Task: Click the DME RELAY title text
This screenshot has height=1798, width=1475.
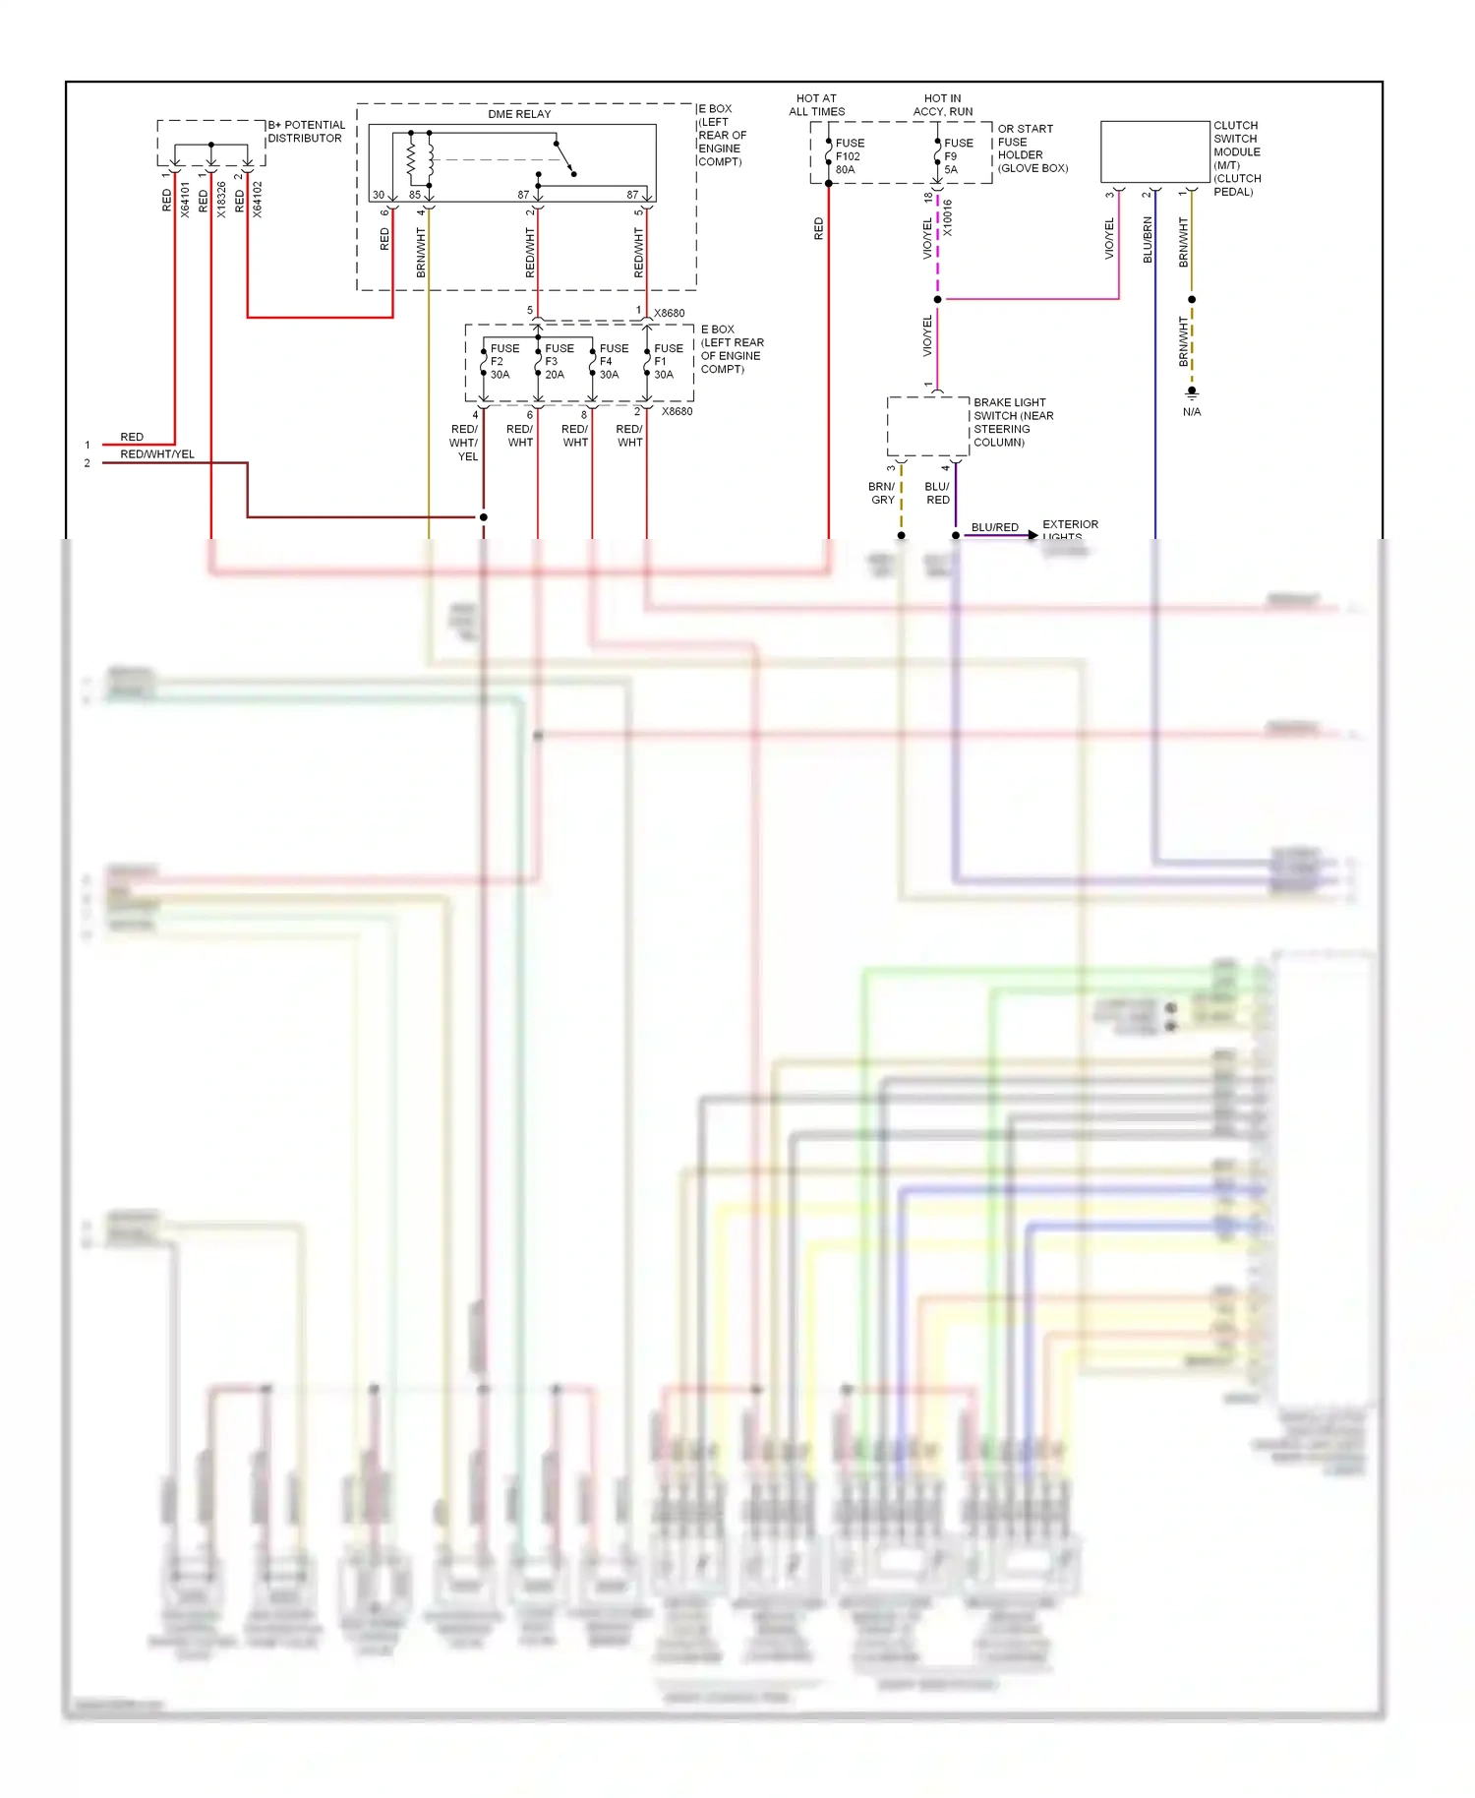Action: (519, 114)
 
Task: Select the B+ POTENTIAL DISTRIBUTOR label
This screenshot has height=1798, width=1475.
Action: (306, 132)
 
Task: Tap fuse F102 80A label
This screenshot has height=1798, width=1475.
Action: (849, 156)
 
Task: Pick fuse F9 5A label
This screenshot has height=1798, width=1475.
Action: (958, 156)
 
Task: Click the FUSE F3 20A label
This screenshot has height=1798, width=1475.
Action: (559, 361)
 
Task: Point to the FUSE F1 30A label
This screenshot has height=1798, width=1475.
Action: (668, 361)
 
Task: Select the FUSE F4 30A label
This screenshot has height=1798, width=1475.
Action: (613, 361)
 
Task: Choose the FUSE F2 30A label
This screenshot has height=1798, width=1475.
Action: (503, 361)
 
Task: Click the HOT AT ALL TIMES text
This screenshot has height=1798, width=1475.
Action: (816, 105)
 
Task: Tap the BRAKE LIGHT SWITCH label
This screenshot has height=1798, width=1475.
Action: (1013, 422)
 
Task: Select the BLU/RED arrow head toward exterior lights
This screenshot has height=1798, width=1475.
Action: (1032, 535)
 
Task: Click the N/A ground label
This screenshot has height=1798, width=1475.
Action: (1192, 412)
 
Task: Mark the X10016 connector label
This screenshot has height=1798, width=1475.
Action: (948, 218)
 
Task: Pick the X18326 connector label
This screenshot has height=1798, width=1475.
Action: (221, 200)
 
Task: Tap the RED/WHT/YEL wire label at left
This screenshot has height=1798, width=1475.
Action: (157, 454)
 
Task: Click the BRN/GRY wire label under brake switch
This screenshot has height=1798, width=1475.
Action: (882, 493)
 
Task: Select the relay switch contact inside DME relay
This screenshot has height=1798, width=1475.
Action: (564, 158)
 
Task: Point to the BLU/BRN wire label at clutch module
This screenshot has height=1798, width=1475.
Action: (1148, 240)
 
